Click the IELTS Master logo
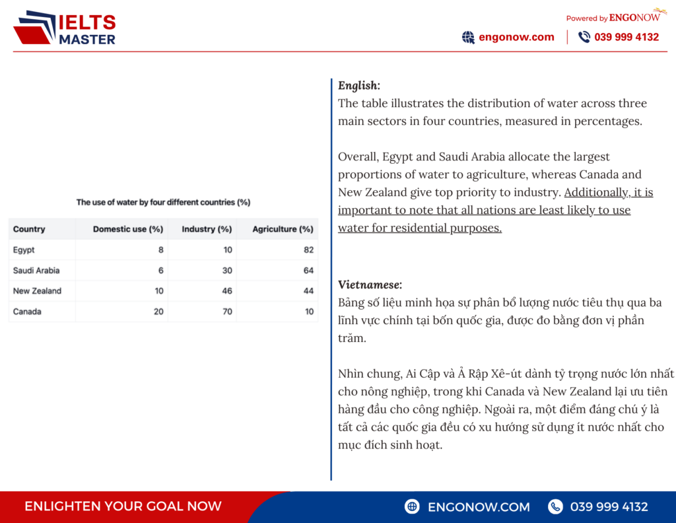(64, 28)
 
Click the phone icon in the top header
(584, 37)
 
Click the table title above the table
(163, 202)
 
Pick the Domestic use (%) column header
(127, 229)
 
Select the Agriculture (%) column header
(283, 229)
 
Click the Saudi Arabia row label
(36, 270)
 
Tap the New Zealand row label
(37, 291)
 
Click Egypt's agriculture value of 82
(309, 250)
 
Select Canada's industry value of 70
(227, 311)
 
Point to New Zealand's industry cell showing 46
(227, 291)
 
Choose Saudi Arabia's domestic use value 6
(160, 270)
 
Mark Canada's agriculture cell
(309, 311)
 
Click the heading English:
(358, 85)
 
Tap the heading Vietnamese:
(370, 285)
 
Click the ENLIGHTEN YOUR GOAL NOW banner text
(123, 506)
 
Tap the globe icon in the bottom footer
(413, 506)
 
